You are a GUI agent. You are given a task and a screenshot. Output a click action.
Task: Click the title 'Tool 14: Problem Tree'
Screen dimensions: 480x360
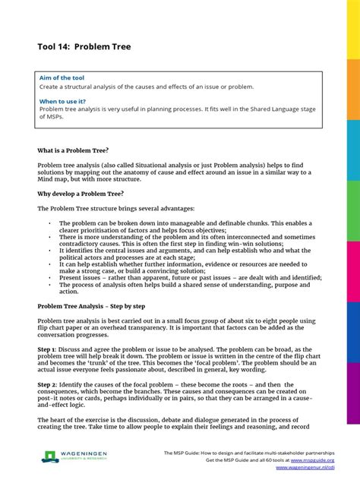pyautogui.click(x=84, y=47)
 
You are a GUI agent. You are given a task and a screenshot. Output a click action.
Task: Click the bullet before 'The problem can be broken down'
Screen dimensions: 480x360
pyautogui.click(x=49, y=223)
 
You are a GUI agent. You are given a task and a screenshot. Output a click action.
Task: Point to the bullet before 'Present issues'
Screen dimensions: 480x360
pyautogui.click(x=49, y=279)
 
